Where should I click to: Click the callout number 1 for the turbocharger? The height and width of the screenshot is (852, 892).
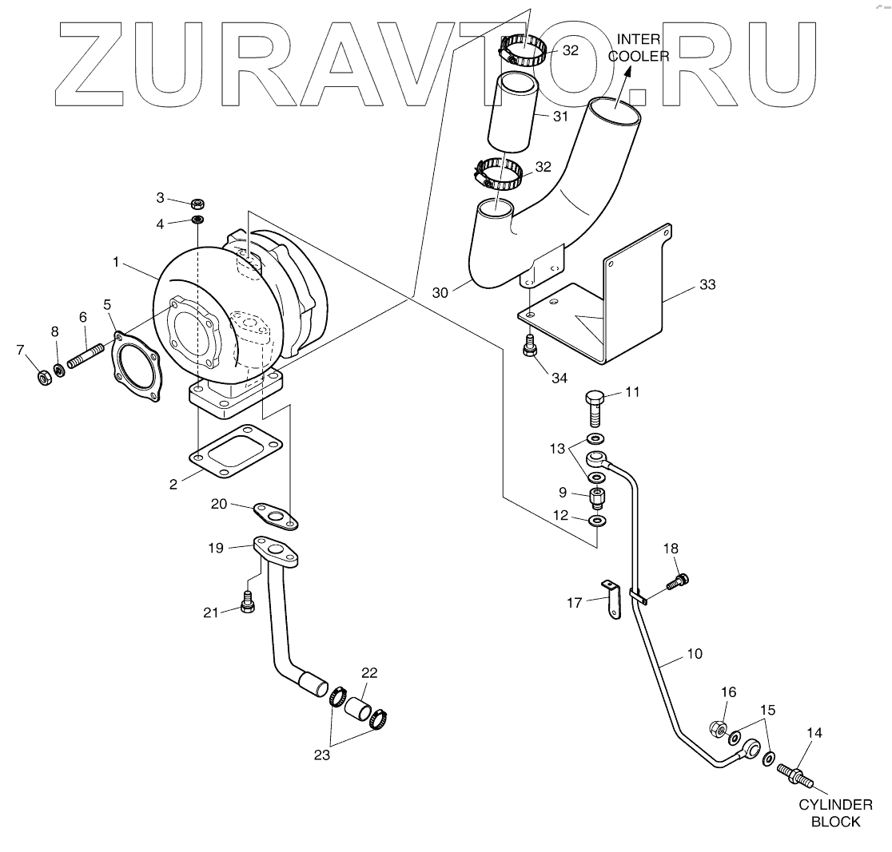116,261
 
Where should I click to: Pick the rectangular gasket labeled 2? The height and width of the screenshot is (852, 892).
237,455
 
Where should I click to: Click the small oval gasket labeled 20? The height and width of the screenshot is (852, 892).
276,516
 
